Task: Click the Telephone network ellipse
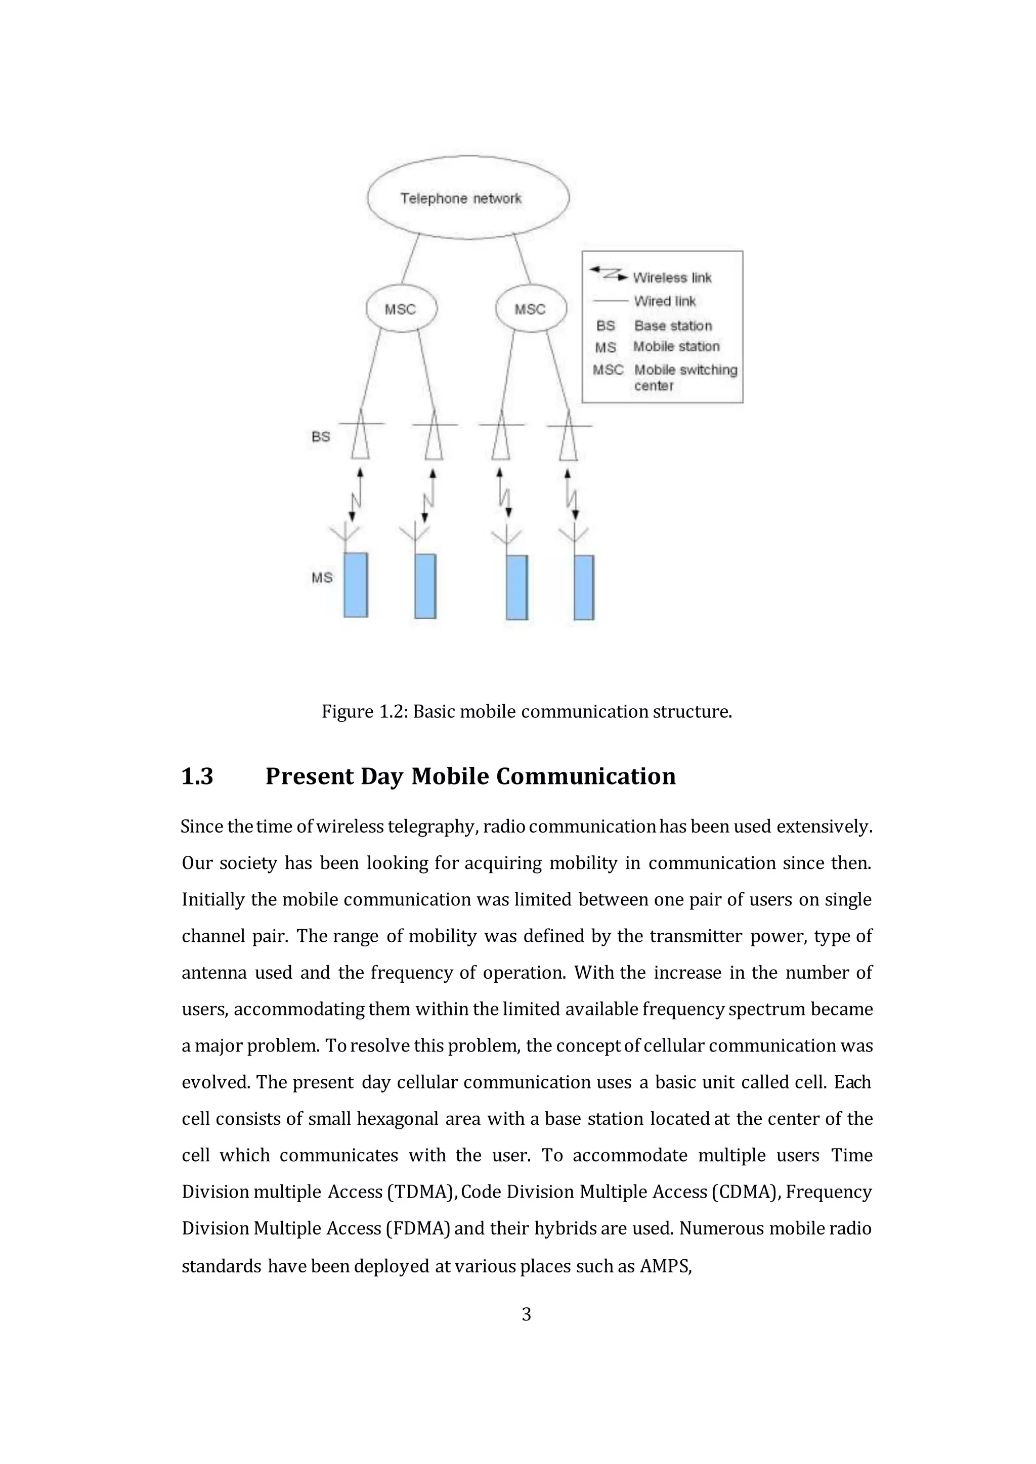click(x=467, y=198)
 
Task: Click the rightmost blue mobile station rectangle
click(x=584, y=587)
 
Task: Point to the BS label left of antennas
click(x=321, y=437)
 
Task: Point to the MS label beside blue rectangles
click(x=322, y=578)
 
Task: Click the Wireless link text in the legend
click(x=672, y=278)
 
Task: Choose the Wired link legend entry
click(x=665, y=301)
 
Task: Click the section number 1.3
click(x=197, y=776)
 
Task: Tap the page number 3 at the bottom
click(x=526, y=1314)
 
